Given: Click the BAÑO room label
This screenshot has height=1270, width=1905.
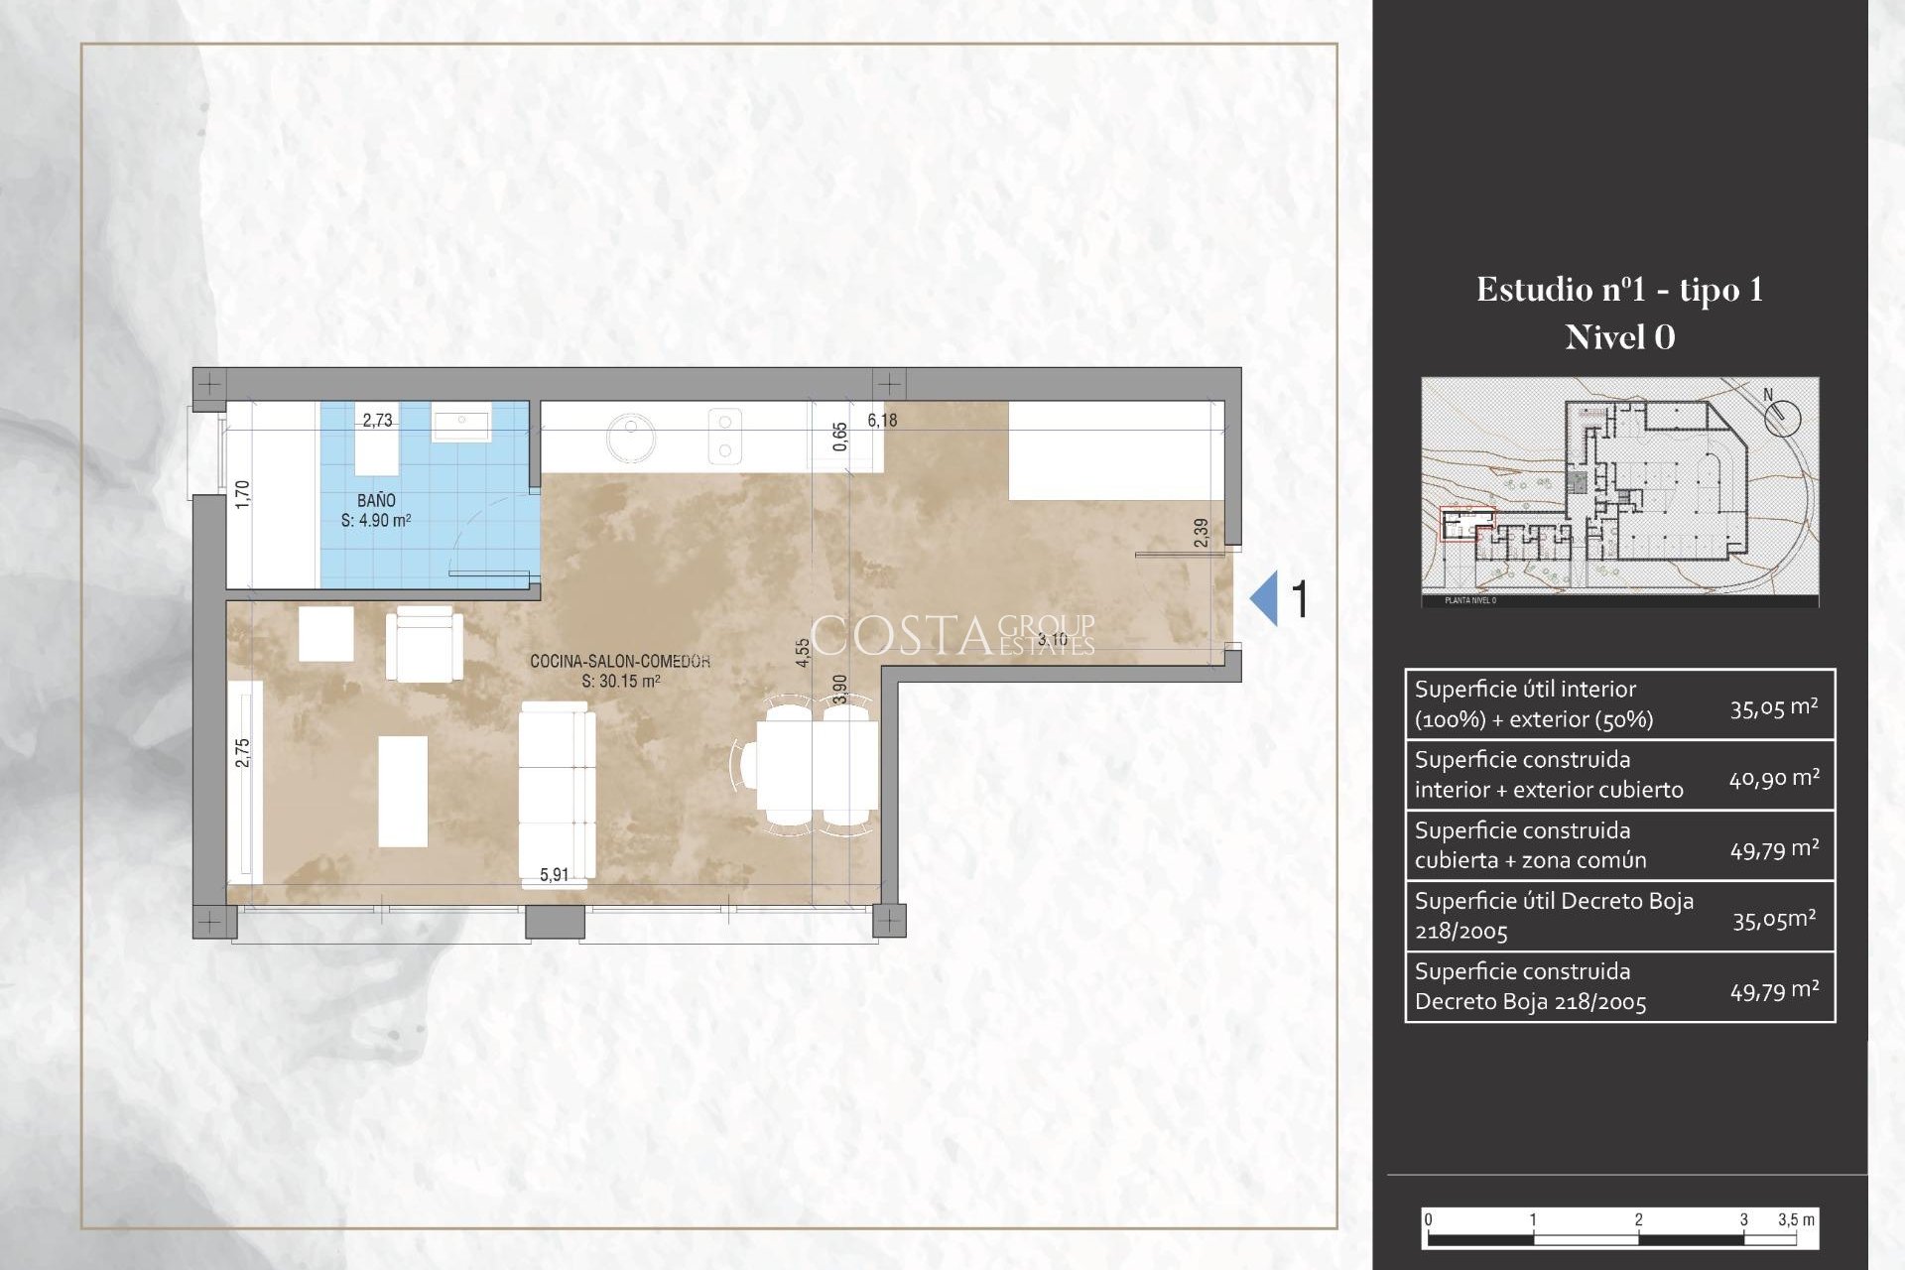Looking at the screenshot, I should coord(376,501).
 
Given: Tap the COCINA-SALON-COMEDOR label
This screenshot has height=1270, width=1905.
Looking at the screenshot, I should coord(620,661).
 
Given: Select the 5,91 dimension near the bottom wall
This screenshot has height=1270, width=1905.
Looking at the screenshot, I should coord(554,875).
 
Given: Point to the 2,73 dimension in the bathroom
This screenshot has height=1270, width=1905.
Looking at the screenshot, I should coord(377,420).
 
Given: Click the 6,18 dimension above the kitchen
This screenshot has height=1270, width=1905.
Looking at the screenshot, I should coord(882,420).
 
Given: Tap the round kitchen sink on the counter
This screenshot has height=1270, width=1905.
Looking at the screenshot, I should coord(629,438).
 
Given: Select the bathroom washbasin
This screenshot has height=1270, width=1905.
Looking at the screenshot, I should coord(460,427).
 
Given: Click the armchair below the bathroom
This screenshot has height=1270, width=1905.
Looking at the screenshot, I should coord(424,644).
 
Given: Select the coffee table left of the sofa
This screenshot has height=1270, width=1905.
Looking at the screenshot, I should coord(403,791).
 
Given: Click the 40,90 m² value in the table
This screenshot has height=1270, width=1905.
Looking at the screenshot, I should coord(1774,778).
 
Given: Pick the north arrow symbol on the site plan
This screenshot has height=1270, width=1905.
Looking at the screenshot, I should coord(1782,415).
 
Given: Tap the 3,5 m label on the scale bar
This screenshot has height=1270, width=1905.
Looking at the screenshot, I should coord(1796,1219).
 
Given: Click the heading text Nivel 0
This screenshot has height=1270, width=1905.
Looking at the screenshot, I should coord(1619,337).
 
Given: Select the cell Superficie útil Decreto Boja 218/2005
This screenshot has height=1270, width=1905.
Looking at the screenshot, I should coord(1553,916).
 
